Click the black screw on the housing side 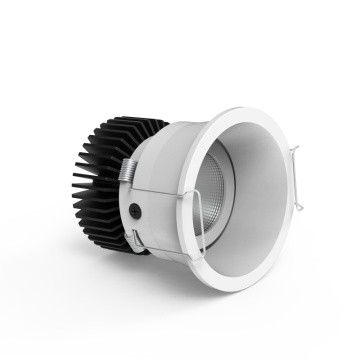point(134,211)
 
